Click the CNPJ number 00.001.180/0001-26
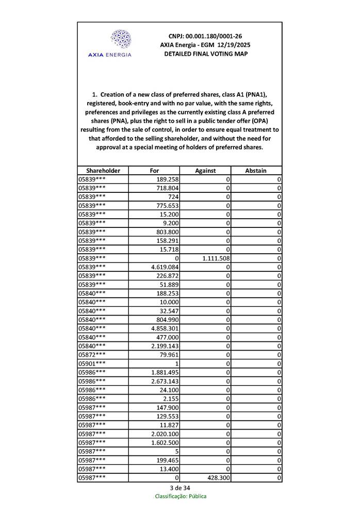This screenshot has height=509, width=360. (219, 36)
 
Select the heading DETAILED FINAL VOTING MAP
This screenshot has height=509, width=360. (206, 54)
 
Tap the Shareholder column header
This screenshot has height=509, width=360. (103, 171)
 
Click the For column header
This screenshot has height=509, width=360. (154, 171)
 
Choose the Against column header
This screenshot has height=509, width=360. (205, 171)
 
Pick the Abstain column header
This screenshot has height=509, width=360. (256, 171)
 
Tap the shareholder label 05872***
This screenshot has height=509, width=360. (92, 355)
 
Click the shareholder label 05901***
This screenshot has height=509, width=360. (92, 364)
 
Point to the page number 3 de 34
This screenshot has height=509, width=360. (180, 488)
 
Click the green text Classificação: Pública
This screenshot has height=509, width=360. (181, 496)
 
